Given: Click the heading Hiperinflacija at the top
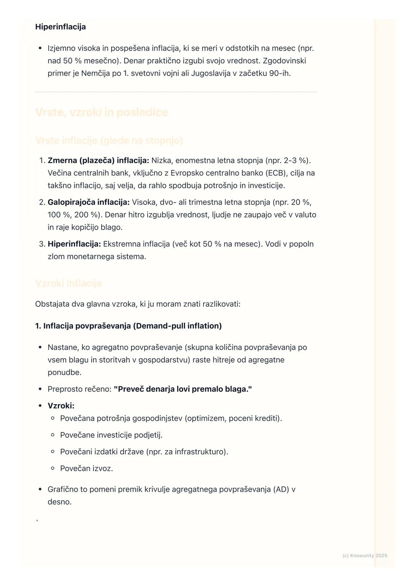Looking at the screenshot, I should click(60, 27).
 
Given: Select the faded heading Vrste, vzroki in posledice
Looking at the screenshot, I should click(102, 112).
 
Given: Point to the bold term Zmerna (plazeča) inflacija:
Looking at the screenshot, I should click(98, 160).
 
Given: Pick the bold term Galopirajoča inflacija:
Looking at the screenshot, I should click(89, 202).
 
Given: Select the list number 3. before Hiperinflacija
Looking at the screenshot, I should click(42, 244).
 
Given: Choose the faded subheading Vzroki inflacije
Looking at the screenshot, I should click(69, 283).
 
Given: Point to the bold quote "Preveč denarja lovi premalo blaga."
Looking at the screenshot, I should click(183, 389).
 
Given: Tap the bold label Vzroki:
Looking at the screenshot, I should click(61, 406).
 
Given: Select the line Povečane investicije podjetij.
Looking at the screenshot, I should click(111, 435).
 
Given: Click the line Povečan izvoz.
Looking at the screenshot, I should click(86, 468).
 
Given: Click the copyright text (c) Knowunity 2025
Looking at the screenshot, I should click(365, 556).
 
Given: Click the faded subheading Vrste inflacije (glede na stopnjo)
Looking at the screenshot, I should click(109, 141).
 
